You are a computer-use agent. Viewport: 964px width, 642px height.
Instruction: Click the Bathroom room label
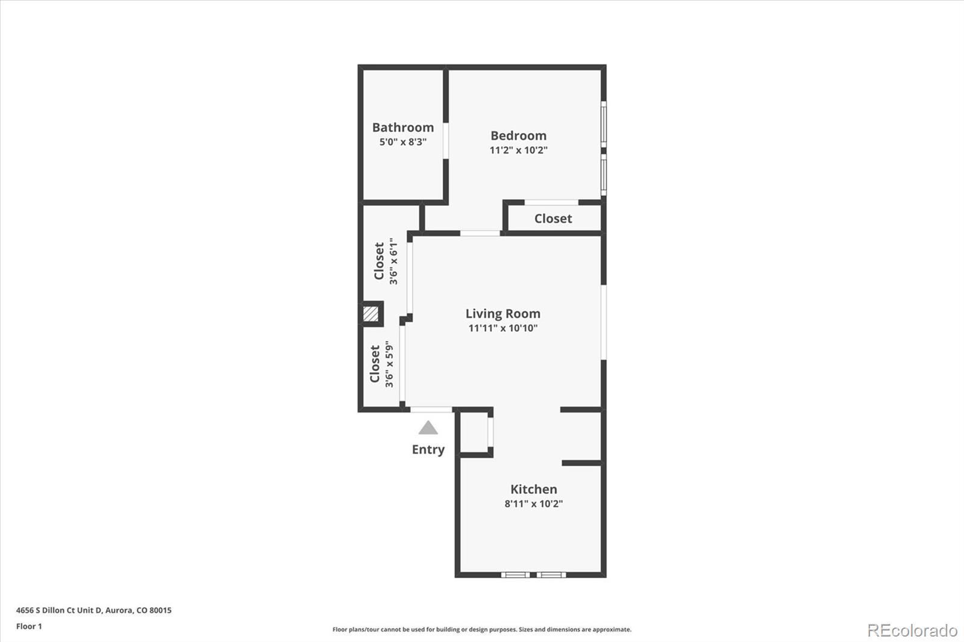pos(402,127)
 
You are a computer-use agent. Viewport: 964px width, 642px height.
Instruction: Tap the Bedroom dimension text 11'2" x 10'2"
pos(518,150)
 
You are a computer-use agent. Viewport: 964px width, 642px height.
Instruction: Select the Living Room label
pos(502,313)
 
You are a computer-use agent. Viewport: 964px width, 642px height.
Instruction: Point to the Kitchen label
pos(533,489)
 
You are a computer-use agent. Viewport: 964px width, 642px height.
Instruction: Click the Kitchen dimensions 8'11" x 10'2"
pos(533,503)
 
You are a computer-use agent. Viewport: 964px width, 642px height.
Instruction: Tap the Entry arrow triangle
pos(428,428)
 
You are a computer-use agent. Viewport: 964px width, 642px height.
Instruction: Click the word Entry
pos(428,449)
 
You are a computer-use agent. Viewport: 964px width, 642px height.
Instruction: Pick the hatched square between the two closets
pos(371,314)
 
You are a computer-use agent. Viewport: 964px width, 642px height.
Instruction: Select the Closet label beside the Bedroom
pos(552,219)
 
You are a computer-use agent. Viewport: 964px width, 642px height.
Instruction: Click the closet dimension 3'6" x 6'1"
pos(393,261)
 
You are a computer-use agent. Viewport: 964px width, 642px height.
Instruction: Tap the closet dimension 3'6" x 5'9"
pos(389,364)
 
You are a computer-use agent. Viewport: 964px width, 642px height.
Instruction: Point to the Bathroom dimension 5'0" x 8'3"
pos(402,142)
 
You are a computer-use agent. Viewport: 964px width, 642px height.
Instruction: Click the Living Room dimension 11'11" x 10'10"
pos(502,328)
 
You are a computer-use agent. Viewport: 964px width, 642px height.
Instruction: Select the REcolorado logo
pos(912,630)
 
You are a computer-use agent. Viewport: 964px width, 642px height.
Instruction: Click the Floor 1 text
pos(29,626)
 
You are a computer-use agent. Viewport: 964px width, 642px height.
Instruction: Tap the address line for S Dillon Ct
pos(93,610)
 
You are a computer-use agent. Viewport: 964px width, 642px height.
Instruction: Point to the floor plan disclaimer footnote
pos(481,629)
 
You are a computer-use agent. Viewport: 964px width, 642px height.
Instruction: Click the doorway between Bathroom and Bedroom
pos(446,141)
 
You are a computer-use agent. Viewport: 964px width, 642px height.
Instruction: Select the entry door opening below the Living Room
pos(431,410)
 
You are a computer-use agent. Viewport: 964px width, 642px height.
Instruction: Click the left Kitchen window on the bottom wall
pos(515,575)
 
